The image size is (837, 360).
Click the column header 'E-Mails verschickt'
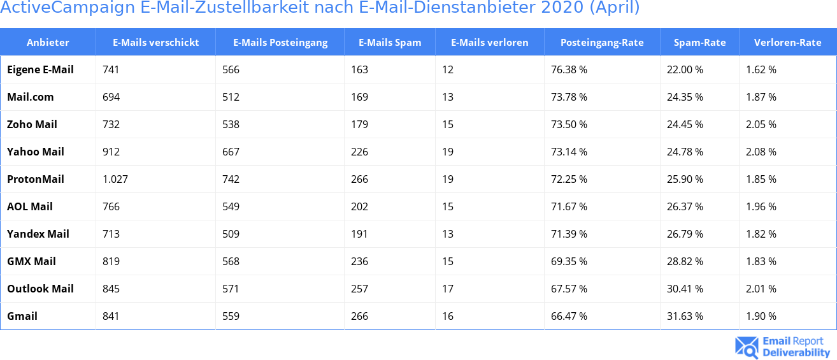(155, 43)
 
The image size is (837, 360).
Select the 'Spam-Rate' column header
(699, 43)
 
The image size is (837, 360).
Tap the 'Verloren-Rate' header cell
(787, 43)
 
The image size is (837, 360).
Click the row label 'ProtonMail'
(36, 179)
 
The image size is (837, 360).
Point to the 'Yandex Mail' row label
(38, 234)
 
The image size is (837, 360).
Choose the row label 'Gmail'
(22, 316)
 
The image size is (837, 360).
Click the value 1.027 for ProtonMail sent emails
(115, 179)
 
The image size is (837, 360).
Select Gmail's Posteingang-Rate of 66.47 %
(569, 316)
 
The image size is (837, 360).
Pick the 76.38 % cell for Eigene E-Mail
(569, 69)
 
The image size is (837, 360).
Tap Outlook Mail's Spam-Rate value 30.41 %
(685, 289)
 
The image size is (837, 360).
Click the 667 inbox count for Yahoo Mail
(231, 152)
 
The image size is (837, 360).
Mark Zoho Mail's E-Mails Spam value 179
(359, 124)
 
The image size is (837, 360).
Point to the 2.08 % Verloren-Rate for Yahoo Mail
(761, 152)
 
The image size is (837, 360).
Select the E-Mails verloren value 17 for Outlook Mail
(448, 289)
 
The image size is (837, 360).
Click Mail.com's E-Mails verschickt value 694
(111, 97)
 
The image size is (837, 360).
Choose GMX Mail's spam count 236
(359, 261)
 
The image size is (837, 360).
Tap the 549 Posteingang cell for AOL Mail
(231, 206)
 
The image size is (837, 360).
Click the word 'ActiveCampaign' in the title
(64, 8)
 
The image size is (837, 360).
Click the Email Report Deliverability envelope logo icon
(747, 347)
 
